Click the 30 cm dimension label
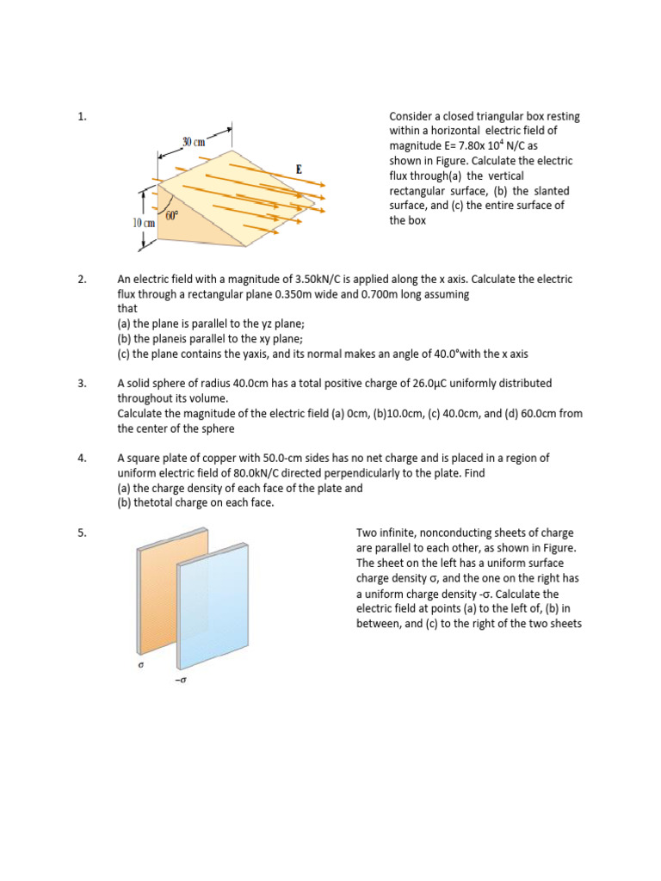pos(193,141)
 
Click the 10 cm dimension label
pos(143,223)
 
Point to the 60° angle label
pos(172,216)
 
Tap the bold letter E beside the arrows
pos(299,169)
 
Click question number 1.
pos(82,116)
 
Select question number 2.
pos(82,280)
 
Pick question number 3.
pos(82,384)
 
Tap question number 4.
pos(82,459)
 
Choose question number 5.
pos(82,533)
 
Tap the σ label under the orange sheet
pos(140,665)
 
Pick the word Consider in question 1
pos(411,116)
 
